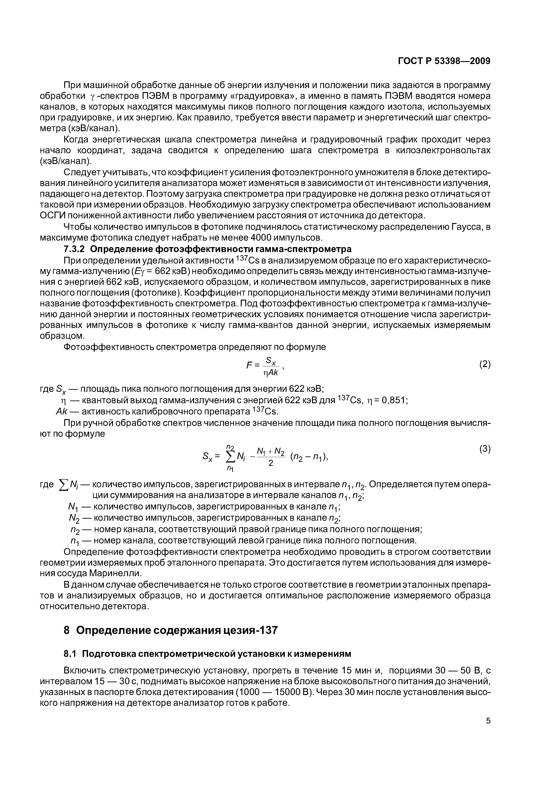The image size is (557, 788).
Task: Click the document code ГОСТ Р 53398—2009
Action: click(444, 61)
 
